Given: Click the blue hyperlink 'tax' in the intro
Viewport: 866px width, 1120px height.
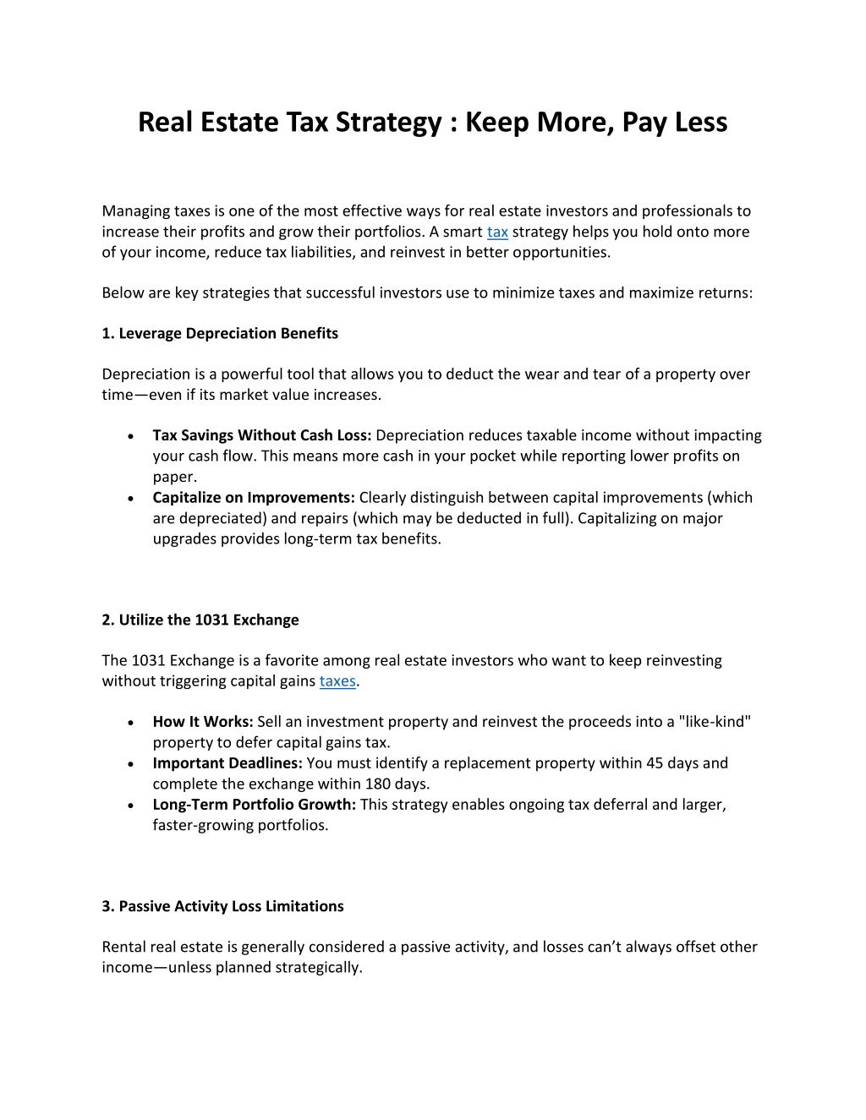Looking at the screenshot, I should click(x=497, y=232).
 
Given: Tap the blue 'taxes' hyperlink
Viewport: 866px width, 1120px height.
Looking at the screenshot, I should click(x=337, y=681).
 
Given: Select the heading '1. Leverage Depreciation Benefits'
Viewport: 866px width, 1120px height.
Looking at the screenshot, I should click(x=220, y=333).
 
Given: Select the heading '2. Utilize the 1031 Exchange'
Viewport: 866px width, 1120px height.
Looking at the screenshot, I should click(x=200, y=620).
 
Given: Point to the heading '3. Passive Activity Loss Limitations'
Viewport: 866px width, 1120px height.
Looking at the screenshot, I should click(x=222, y=906).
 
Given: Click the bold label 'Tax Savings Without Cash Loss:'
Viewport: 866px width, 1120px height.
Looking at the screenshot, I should click(x=262, y=435).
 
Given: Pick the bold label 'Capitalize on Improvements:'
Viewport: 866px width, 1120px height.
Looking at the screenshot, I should click(x=254, y=498).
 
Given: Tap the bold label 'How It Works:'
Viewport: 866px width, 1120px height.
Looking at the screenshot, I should click(x=203, y=722).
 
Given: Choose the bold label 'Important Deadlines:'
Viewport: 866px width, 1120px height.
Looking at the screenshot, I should click(x=227, y=763).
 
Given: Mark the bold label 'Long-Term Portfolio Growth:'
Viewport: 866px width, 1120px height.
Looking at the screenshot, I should click(x=255, y=805).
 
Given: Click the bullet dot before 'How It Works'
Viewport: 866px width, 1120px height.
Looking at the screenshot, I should click(x=127, y=724).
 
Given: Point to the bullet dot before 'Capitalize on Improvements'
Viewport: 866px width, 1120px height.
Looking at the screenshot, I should click(x=127, y=500).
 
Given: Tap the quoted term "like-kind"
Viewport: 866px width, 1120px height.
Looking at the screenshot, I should click(x=715, y=722).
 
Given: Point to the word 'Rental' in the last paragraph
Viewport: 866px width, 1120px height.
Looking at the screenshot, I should click(x=123, y=947).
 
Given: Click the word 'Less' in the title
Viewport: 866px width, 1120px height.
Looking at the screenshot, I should click(x=700, y=123).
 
